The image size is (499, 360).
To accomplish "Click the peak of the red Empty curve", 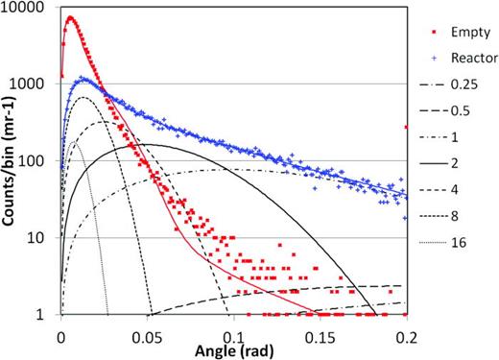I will click(x=70, y=17).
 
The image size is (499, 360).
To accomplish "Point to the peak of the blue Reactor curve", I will click(x=83, y=79).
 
